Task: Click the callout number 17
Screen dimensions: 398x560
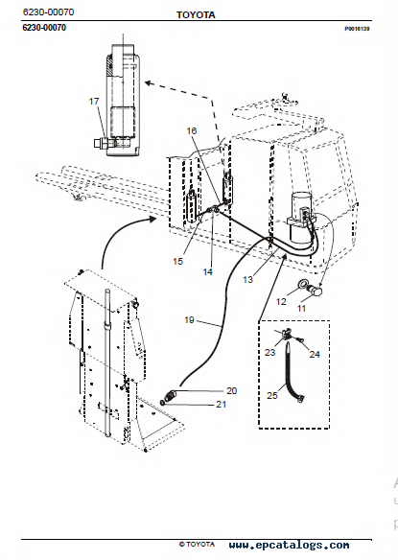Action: point(94,102)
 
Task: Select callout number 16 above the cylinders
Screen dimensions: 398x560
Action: point(192,131)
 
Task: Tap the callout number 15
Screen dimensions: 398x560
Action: point(177,262)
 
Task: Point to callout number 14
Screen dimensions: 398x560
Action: point(207,272)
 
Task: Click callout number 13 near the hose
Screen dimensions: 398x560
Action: point(247,280)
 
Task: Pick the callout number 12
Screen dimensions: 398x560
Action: point(281,302)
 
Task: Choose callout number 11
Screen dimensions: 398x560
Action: point(302,308)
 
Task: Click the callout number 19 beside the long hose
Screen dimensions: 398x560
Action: point(189,320)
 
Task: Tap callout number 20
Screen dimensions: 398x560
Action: point(231,391)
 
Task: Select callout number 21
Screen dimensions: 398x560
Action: point(222,405)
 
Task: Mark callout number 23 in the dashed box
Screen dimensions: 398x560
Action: point(269,353)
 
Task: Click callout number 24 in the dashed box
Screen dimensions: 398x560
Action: point(315,354)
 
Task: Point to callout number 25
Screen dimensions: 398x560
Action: point(272,396)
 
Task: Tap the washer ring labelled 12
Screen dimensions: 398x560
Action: point(302,285)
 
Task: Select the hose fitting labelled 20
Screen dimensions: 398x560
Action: point(169,395)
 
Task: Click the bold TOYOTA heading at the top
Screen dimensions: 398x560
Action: point(196,15)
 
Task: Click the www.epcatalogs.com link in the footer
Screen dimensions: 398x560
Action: point(289,545)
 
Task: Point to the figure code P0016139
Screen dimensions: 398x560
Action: point(357,29)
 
